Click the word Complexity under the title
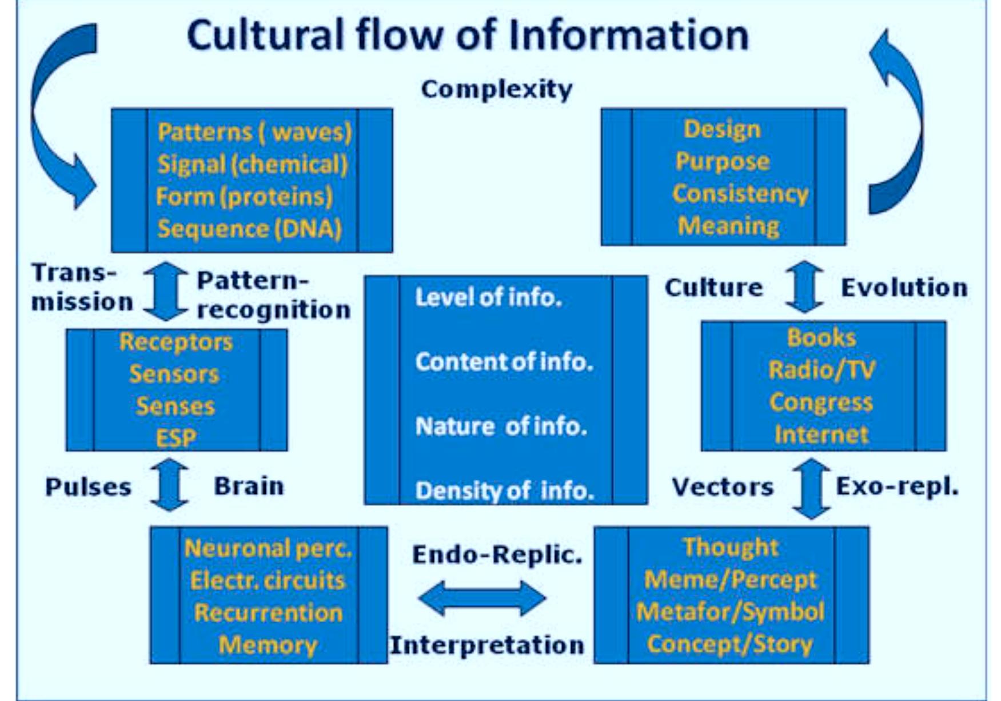[496, 90]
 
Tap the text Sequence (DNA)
[249, 229]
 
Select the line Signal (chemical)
[252, 165]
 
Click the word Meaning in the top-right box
[728, 225]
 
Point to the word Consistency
[740, 193]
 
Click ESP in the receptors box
[176, 438]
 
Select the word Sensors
[174, 374]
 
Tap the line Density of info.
[504, 491]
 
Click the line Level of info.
[488, 297]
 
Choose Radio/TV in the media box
[821, 370]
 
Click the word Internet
[821, 435]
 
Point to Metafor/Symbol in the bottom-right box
[730, 612]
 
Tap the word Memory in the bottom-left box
[268, 645]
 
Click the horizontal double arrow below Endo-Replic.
[481, 599]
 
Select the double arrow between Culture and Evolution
[804, 286]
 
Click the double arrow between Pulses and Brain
[169, 485]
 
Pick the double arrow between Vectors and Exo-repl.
[811, 489]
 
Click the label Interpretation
[486, 645]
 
